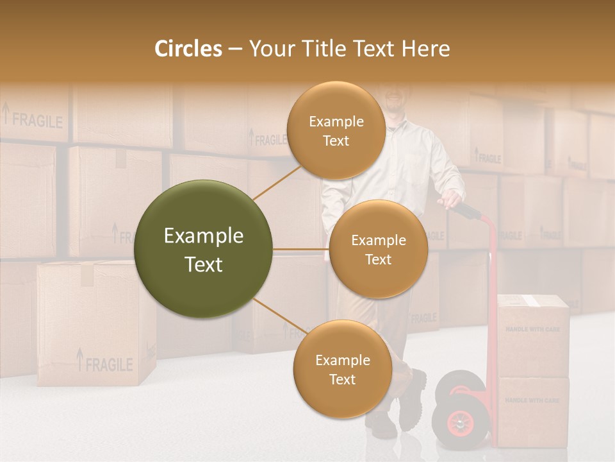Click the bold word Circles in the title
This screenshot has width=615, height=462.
coord(188,49)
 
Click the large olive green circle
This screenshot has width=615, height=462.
coord(203,249)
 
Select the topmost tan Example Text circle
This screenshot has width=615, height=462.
coord(336,130)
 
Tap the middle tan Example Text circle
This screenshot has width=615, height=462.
coord(378,249)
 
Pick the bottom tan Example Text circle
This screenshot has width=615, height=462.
coord(342,369)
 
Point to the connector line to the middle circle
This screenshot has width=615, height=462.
coord(300,249)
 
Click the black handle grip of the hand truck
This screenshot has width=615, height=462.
coord(467,210)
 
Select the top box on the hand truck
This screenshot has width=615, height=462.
coord(533,335)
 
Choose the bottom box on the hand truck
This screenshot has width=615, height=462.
coord(533,411)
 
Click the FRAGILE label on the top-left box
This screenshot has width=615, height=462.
coord(37,120)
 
